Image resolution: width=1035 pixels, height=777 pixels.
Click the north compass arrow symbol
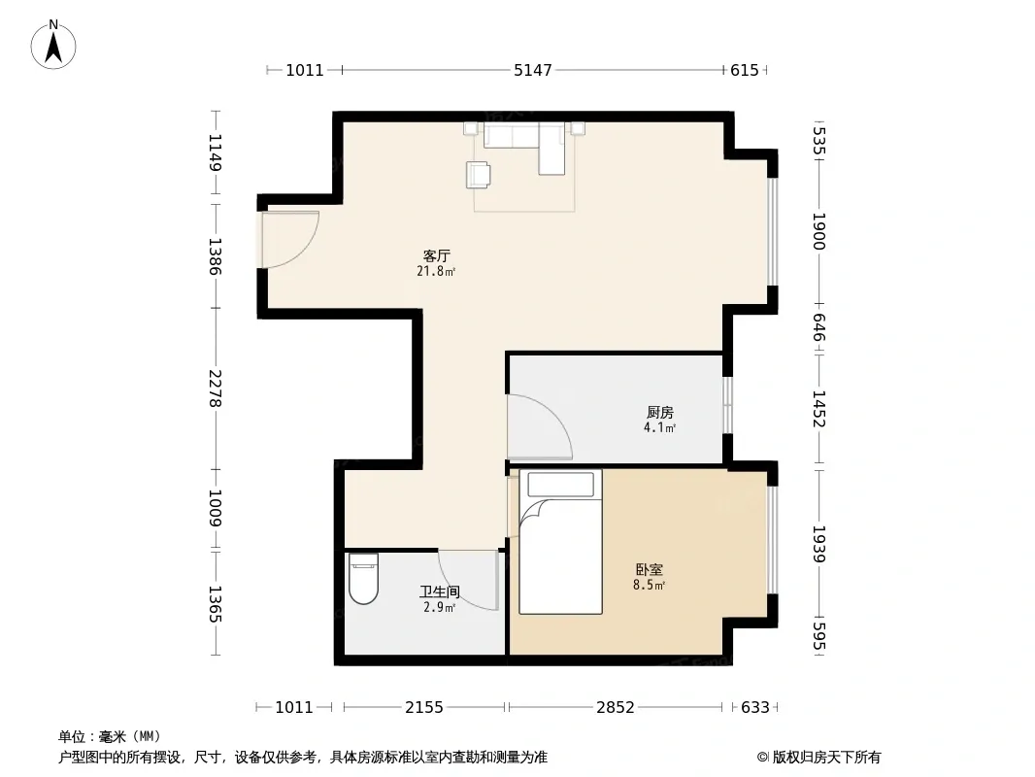[53, 46]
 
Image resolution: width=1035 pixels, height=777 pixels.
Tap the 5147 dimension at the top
[533, 70]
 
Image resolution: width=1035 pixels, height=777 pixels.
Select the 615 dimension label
[745, 70]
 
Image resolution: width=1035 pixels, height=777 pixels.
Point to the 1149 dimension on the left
[216, 152]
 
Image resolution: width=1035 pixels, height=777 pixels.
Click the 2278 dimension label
[216, 388]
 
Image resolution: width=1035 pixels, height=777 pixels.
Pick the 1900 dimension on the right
[818, 231]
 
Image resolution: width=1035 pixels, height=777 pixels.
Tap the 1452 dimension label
[818, 409]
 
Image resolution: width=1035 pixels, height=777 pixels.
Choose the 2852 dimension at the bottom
[616, 708]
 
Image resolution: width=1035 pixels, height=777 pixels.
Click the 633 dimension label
[755, 708]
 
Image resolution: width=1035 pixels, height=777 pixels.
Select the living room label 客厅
[436, 255]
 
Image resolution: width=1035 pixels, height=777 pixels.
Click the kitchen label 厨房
[659, 413]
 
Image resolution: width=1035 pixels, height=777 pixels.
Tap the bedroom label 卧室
[649, 569]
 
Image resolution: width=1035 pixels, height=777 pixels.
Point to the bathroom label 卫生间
[440, 592]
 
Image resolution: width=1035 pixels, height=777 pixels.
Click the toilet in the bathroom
[363, 578]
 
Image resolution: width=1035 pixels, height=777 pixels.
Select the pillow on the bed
[560, 485]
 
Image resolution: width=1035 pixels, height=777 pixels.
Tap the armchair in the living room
[478, 175]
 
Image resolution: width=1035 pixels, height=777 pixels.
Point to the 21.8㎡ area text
[436, 271]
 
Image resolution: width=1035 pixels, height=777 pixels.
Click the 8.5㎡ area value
[649, 585]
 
